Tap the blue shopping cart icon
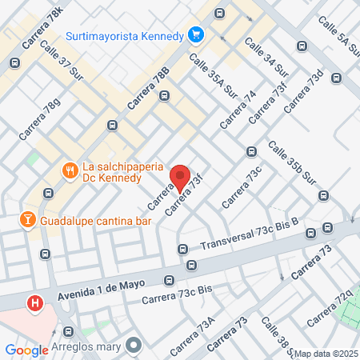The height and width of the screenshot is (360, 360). tap(195, 34)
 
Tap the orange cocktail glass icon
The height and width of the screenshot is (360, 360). tap(26, 218)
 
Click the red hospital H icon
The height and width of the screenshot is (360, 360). tap(35, 303)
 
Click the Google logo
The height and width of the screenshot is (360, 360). tap(26, 350)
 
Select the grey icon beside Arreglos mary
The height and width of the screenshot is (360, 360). tap(132, 346)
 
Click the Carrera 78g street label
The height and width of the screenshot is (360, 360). tap(40, 119)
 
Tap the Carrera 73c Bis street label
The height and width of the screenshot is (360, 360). tap(177, 294)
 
